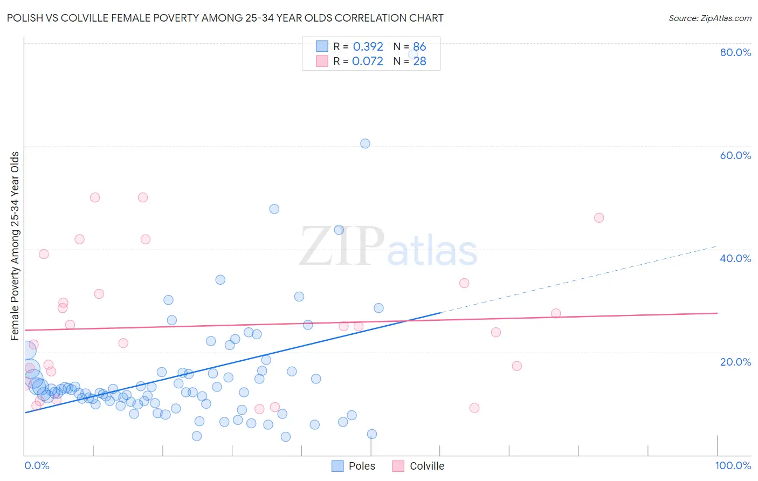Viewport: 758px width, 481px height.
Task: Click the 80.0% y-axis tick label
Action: (735, 52)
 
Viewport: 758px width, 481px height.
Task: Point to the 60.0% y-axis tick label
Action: (735, 155)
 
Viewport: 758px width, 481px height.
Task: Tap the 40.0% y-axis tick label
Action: (735, 258)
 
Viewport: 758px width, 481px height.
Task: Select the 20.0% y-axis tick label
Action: (735, 362)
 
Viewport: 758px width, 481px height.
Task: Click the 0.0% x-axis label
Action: (37, 465)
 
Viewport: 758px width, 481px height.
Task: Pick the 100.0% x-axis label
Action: (733, 465)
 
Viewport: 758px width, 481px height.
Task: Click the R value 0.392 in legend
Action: (368, 47)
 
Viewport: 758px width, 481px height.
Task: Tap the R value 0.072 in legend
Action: (368, 61)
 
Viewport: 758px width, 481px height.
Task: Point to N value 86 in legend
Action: (419, 47)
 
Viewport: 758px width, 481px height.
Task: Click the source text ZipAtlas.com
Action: (709, 18)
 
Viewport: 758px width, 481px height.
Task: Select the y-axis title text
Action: (15, 246)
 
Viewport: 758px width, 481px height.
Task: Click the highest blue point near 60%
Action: (365, 143)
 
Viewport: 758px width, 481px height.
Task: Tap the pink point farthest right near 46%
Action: (598, 218)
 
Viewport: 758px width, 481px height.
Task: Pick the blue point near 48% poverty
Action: (274, 209)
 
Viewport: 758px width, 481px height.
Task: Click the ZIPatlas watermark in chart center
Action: (388, 247)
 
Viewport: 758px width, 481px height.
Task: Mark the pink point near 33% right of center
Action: (464, 283)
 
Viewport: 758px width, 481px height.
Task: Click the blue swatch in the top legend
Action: (322, 47)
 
